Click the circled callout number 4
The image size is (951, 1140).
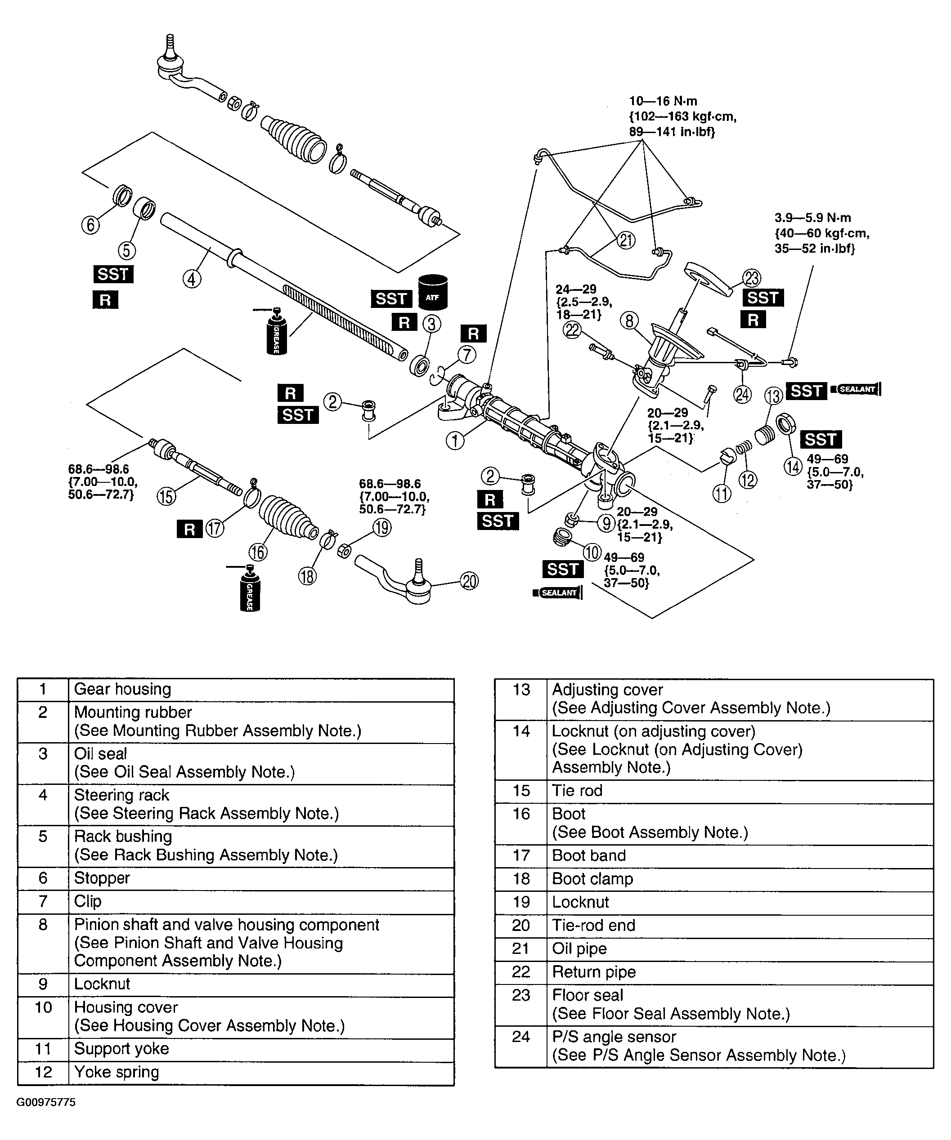191,279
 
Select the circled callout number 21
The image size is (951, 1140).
626,240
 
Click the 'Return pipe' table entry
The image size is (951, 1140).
594,972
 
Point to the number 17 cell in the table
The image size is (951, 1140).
520,855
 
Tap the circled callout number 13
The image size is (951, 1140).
773,396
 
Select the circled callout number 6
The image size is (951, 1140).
90,224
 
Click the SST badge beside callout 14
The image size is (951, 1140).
820,439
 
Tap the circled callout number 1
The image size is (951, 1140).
455,440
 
